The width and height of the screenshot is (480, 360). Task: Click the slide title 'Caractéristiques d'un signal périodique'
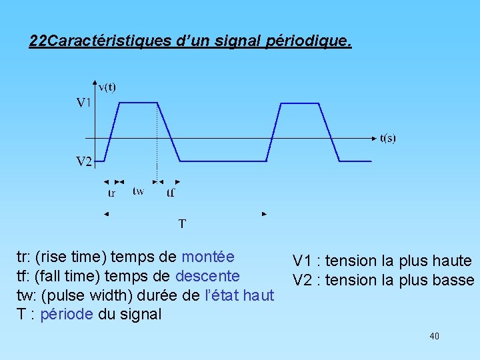190,41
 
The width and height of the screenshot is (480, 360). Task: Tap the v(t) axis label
107,87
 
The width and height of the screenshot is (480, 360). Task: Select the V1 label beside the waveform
83,103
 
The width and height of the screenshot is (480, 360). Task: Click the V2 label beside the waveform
83,161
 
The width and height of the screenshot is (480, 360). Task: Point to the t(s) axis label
387,138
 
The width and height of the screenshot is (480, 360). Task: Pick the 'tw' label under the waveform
138,191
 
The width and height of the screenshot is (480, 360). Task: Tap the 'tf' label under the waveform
171,193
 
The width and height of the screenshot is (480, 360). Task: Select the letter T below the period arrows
181,223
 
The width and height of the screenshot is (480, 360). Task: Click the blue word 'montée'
207,257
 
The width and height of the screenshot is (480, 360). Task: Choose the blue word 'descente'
207,275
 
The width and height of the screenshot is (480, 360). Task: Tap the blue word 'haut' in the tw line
259,295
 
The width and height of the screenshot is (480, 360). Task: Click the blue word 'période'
66,314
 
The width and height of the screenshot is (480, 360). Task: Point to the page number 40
434,337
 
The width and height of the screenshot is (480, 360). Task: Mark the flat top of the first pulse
138,103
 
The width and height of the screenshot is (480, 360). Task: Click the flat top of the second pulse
300,103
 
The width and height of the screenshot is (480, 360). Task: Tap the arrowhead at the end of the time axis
374,139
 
